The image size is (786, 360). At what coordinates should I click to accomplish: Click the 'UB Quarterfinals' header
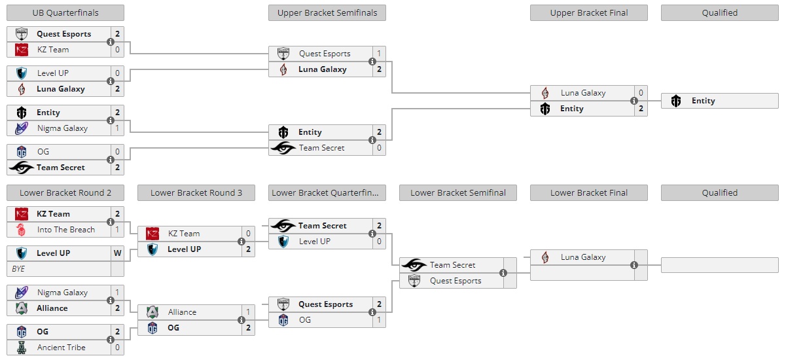click(65, 13)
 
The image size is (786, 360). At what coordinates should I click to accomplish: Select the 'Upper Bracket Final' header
click(589, 13)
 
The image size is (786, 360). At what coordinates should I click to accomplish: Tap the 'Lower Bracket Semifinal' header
click(458, 193)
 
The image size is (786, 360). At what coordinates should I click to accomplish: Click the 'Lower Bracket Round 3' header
click(196, 193)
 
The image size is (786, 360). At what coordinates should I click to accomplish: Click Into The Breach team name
click(66, 230)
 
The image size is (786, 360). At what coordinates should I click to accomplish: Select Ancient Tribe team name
click(62, 348)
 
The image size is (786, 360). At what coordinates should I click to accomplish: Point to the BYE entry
click(18, 269)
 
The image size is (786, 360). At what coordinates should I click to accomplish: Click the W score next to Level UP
click(118, 253)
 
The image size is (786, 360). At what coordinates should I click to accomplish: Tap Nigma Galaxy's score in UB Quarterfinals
click(118, 128)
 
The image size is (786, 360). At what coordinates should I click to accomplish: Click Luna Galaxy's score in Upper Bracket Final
click(641, 93)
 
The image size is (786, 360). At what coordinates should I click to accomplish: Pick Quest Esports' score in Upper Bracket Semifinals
click(380, 53)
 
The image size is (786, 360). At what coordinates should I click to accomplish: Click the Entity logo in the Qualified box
click(676, 101)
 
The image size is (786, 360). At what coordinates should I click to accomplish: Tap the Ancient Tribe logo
click(22, 348)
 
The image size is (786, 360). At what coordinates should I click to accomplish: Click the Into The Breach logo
click(21, 230)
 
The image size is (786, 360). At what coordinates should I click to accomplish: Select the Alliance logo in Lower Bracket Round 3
click(152, 312)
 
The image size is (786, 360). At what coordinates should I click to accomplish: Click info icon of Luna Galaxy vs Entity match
click(634, 101)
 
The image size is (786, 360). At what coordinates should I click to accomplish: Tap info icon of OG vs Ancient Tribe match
click(111, 340)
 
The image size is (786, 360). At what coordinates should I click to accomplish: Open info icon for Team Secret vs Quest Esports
click(503, 273)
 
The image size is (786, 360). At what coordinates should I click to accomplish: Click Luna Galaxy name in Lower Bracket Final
click(583, 257)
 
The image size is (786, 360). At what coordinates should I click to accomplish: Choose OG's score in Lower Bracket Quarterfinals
click(380, 320)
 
